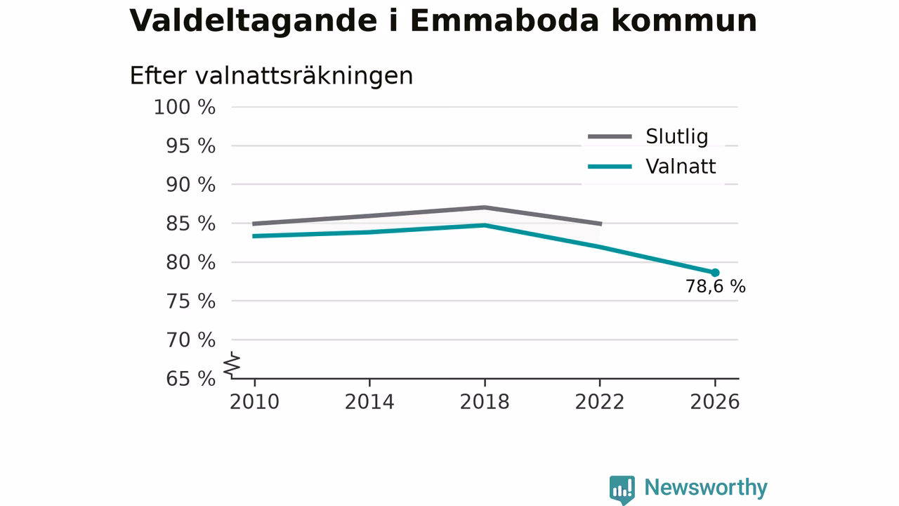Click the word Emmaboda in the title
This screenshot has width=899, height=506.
504,20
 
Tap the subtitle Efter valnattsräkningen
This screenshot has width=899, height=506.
271,76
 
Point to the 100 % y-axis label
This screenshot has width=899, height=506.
185,108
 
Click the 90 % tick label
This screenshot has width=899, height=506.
190,185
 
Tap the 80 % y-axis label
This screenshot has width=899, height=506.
190,263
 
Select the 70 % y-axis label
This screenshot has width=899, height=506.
190,340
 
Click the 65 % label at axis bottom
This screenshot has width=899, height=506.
190,379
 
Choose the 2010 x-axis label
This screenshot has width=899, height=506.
254,402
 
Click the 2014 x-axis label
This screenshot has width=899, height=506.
369,402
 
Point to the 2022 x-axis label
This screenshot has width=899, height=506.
600,402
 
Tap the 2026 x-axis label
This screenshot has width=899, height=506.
715,402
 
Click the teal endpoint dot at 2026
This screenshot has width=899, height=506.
715,273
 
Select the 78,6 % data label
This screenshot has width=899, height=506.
716,286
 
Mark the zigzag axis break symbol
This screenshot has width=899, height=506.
232,365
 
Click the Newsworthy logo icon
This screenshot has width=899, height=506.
622,489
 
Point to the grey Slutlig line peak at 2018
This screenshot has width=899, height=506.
485,207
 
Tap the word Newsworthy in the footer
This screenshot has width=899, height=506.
706,488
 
